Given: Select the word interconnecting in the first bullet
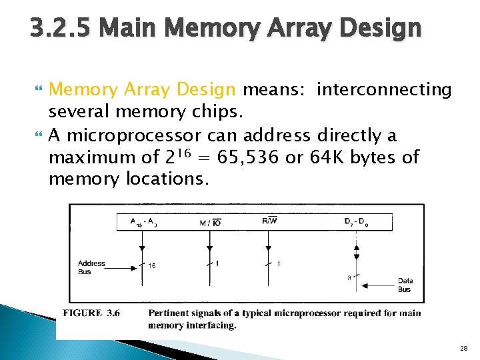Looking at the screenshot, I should [x=385, y=89].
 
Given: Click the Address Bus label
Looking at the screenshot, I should [x=91, y=267].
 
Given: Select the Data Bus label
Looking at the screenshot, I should [x=405, y=285].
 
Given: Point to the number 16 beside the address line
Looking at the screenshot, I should [x=152, y=266].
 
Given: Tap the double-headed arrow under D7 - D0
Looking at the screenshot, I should [x=356, y=251].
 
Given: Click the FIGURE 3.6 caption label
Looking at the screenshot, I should [x=91, y=313].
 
